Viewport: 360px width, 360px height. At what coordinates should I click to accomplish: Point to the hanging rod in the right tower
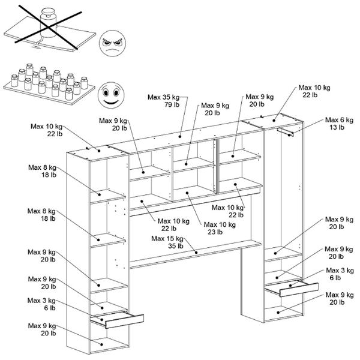(x=287, y=131)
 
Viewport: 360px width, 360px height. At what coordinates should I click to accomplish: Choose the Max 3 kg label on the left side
(x=42, y=300)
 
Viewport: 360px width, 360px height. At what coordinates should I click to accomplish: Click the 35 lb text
(x=175, y=246)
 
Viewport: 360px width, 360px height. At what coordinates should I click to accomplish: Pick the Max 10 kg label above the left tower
(x=46, y=126)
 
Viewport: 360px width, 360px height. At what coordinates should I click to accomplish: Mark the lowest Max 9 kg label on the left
(x=42, y=326)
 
